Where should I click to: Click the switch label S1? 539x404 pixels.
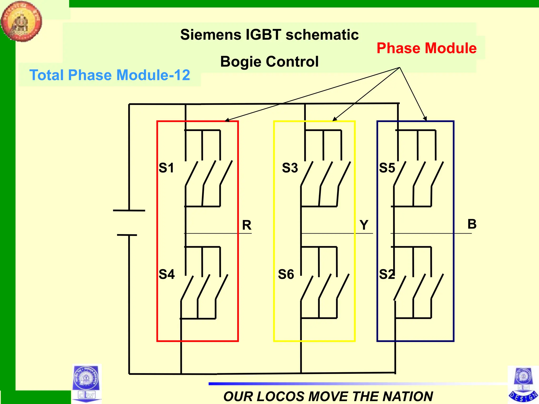166,168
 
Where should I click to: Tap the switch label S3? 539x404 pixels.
290,168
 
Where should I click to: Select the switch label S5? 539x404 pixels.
387,168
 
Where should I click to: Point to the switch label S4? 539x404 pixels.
167,274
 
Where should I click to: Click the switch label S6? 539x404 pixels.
286,274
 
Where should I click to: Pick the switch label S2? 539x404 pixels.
387,274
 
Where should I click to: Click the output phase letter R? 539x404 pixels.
247,225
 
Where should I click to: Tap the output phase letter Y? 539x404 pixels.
364,225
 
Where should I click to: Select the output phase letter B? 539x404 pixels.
472,224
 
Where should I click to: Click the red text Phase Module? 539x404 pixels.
426,48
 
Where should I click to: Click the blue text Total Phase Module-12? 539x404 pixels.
109,75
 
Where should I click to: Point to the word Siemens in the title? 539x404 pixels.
211,35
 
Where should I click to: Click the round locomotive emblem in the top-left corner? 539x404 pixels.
21,21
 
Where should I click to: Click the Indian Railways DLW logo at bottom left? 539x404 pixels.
86,383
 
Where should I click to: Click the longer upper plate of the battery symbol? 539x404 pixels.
129,210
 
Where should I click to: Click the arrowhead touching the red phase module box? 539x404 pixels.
227,120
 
